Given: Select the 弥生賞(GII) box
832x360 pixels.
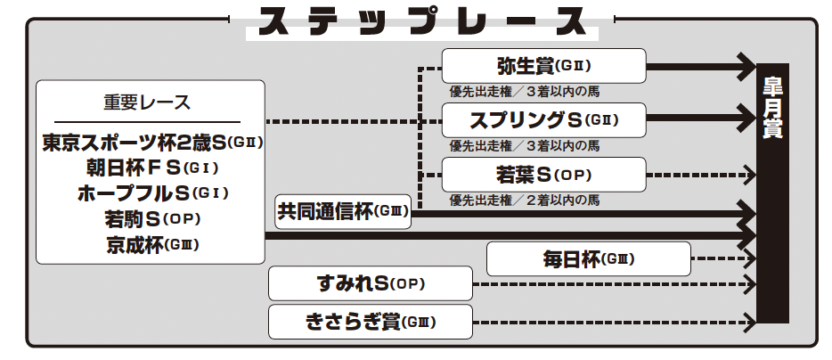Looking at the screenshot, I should click(544, 66).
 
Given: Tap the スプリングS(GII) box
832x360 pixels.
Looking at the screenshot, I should click(544, 119).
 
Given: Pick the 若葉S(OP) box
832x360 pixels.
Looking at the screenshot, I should click(544, 174).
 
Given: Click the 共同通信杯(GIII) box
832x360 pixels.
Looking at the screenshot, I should click(343, 211).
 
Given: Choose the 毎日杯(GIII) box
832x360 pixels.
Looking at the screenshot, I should click(589, 259).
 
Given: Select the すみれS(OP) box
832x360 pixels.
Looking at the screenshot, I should click(371, 284).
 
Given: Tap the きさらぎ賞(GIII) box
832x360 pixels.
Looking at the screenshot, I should click(371, 321).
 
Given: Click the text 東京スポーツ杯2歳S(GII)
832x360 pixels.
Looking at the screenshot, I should click(152, 142).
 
